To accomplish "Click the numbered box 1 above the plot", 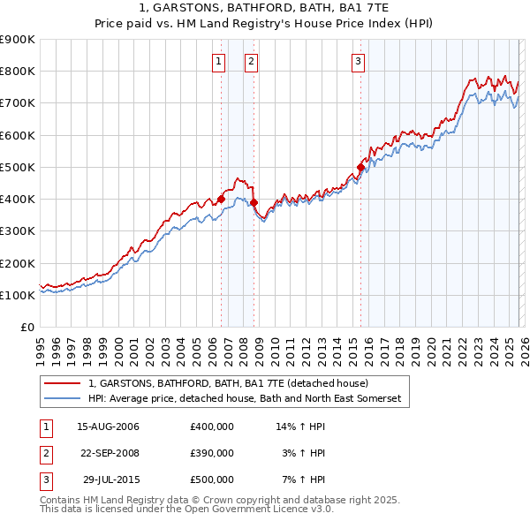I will coord(218,61).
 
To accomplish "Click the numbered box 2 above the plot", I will coord(251,61).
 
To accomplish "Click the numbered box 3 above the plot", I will coord(358,61).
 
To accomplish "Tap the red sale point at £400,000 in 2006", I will coord(221,200).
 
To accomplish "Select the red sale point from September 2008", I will coord(254,202).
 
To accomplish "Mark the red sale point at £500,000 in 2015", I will coord(360,167).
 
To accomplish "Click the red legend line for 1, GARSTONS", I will coord(63,384).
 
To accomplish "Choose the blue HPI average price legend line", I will coord(63,399).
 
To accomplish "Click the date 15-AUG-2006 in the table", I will coord(108,427).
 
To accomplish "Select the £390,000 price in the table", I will coord(211,453).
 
